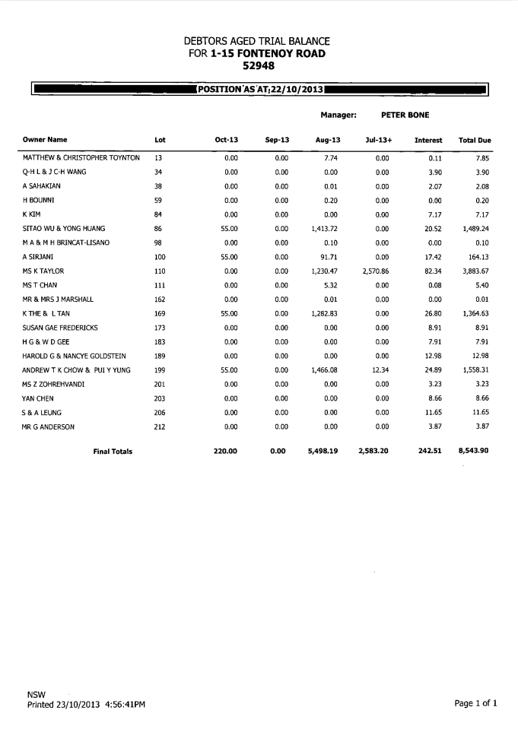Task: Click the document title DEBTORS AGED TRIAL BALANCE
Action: coord(256,41)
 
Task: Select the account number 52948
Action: coord(257,65)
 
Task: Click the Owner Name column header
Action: coord(45,140)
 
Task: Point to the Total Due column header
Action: coord(475,141)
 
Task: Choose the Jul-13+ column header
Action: coord(378,141)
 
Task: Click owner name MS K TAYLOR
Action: coord(43,271)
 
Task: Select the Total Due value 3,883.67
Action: coord(477,271)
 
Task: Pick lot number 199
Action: coord(160,370)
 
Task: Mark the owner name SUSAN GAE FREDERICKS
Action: coord(60,328)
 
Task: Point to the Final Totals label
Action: coord(113,452)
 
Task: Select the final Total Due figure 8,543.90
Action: coord(473,452)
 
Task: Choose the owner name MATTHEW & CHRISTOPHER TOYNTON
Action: coord(81,158)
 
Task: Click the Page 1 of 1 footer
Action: coord(475,704)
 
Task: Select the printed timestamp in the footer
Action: coord(86,705)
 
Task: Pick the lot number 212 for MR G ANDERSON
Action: coord(160,426)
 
